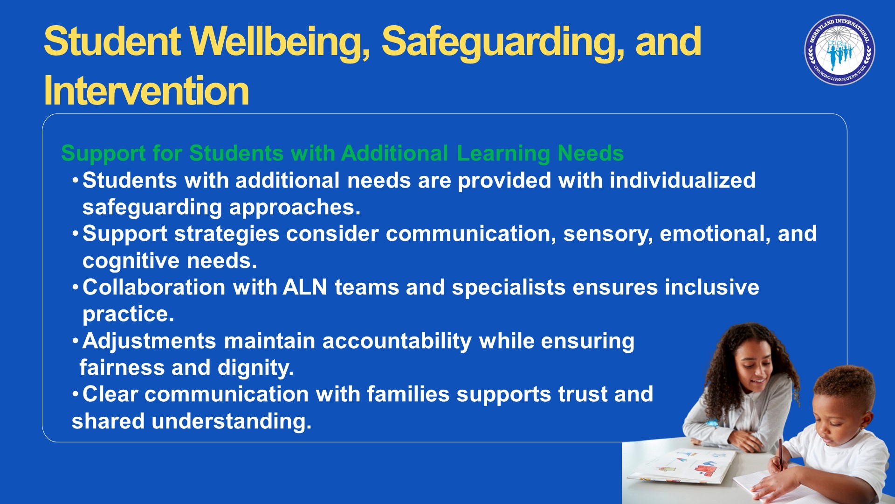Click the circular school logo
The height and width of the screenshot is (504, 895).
pyautogui.click(x=840, y=50)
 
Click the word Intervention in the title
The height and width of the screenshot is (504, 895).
pyautogui.click(x=146, y=91)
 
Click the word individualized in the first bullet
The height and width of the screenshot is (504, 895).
pyautogui.click(x=682, y=180)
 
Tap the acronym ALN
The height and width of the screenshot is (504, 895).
pyautogui.click(x=305, y=287)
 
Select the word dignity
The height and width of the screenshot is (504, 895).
pyautogui.click(x=255, y=368)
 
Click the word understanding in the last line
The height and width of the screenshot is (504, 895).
pyautogui.click(x=231, y=422)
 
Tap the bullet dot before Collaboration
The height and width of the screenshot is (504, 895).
pyautogui.click(x=75, y=287)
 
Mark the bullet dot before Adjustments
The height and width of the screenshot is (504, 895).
pyautogui.click(x=75, y=341)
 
